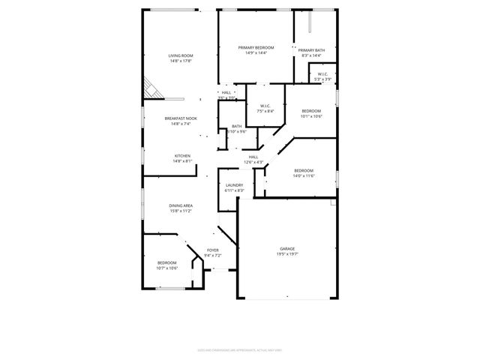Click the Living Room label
coord(181,55)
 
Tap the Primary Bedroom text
coord(256,47)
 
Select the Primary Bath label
coord(310,50)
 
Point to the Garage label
coord(287,248)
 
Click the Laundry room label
coord(234,185)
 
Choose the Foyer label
coord(213,250)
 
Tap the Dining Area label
coord(181,205)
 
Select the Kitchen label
coord(182,155)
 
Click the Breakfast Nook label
coord(181,118)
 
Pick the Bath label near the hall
coord(236,126)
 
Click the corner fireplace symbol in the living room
coord(153,88)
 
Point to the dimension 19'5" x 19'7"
coord(287,254)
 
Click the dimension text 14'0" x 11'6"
coord(303,176)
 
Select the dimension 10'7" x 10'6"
coord(166,268)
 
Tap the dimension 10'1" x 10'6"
coord(310,116)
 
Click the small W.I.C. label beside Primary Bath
coord(322,74)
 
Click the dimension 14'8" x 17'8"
coord(181,61)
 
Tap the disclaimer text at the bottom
coord(240,349)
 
